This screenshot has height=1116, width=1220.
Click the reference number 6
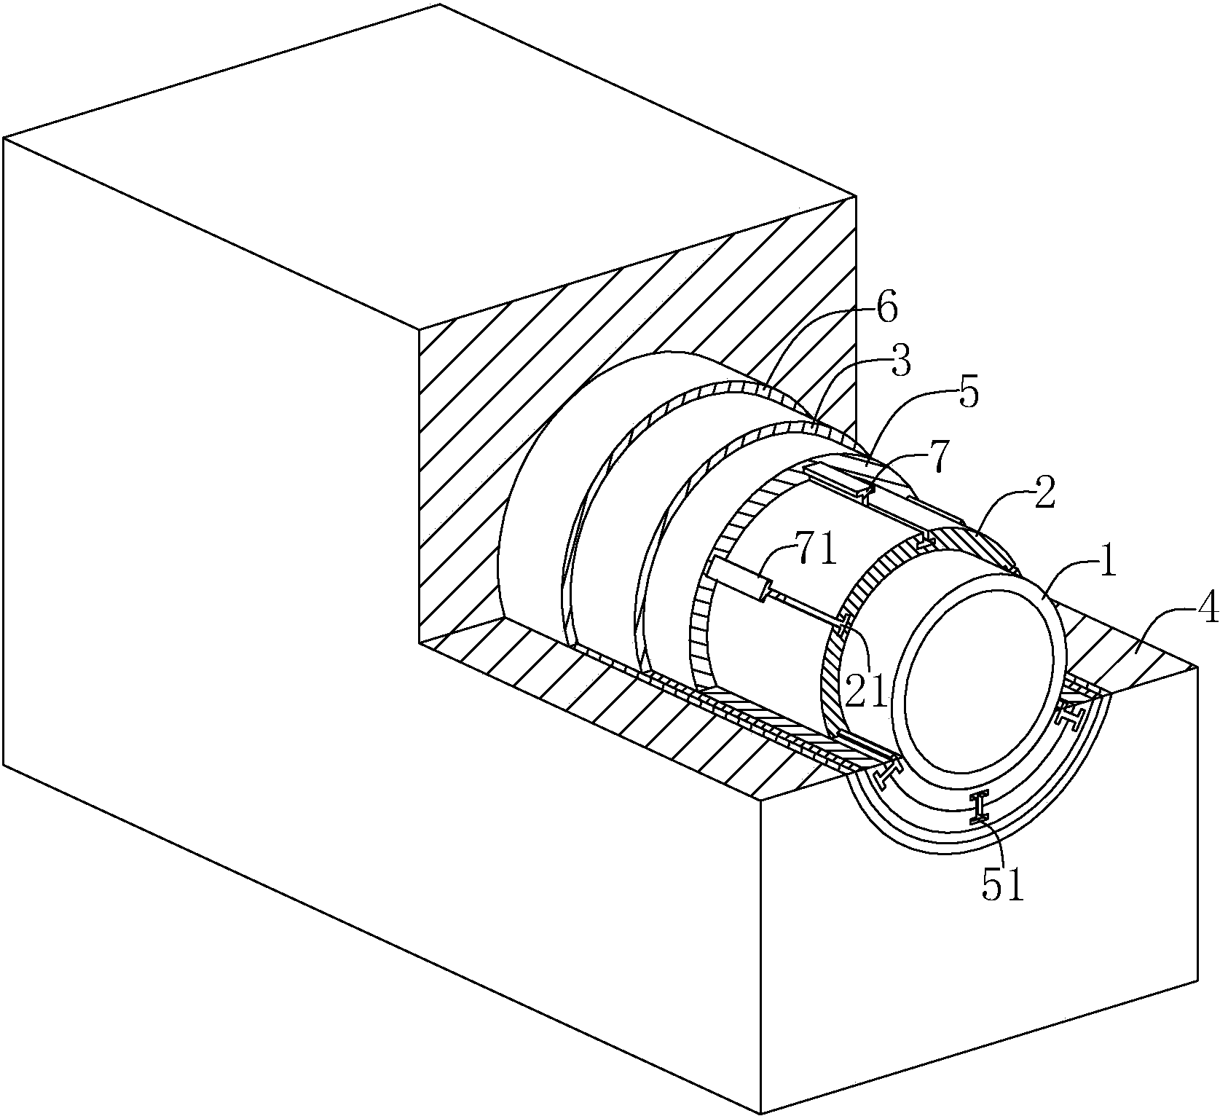point(886,310)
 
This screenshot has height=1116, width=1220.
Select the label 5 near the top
point(967,393)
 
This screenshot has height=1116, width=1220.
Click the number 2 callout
point(1044,501)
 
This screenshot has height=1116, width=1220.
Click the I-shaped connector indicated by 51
point(980,807)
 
